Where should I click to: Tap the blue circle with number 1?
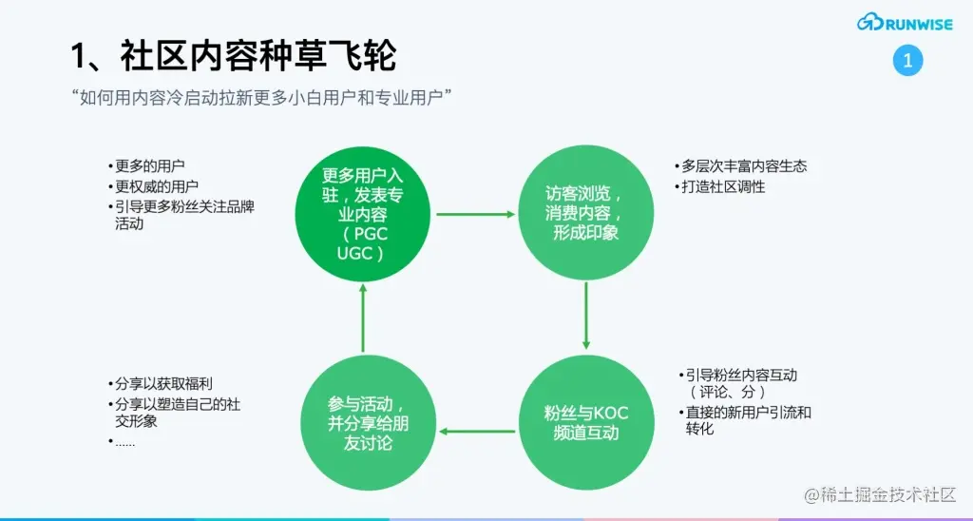tap(907, 62)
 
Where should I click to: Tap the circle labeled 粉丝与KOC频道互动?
tap(585, 422)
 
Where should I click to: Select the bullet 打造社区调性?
tap(723, 186)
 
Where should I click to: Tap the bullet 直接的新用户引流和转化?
tap(747, 420)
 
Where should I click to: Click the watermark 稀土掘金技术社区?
tap(879, 495)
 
